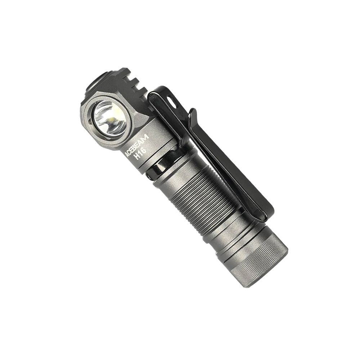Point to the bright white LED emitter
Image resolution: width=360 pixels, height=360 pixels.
[x=113, y=119]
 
